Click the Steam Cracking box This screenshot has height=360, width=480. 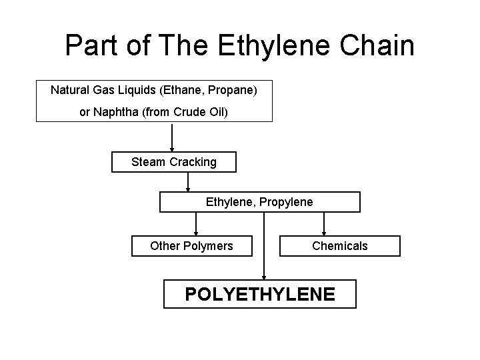173,162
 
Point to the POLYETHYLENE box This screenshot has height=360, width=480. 260,294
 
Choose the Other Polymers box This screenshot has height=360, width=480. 191,246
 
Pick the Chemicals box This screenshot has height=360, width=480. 339,246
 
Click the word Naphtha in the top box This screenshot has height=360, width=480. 121,112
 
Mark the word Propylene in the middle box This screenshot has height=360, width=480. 286,201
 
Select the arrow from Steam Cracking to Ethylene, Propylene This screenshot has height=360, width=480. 188,181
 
